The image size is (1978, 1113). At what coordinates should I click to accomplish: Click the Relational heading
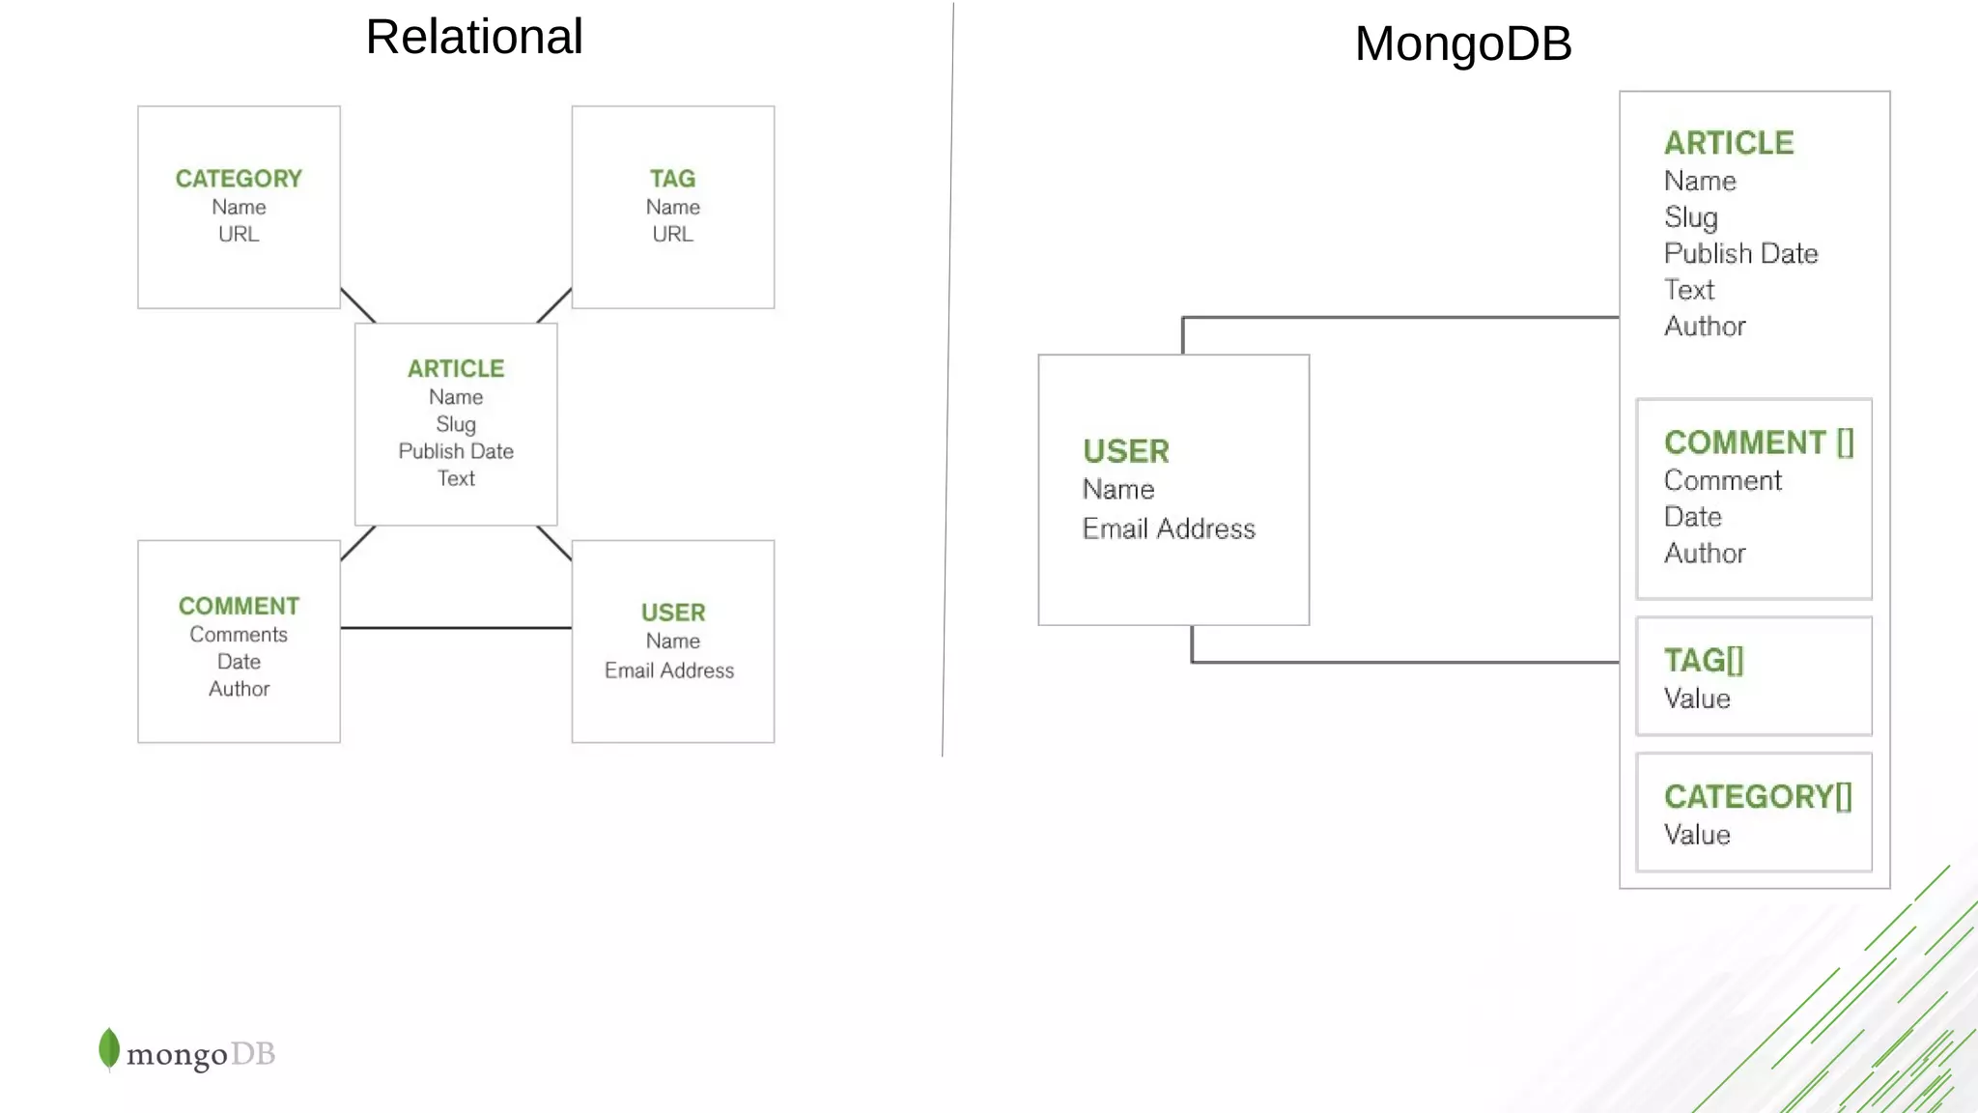473,38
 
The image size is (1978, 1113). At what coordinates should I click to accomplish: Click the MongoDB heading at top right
1462,44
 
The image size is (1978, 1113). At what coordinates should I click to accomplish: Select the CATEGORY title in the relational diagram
239,179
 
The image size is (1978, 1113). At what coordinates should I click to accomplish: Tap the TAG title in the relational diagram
672,179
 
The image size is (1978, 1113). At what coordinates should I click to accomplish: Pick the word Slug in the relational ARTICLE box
456,424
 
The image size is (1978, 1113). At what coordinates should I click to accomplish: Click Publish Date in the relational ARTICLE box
456,451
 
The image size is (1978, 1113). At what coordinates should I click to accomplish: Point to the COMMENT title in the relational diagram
239,606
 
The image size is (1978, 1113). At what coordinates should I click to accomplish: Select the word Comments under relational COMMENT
239,635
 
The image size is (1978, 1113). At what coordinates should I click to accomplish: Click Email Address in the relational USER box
669,671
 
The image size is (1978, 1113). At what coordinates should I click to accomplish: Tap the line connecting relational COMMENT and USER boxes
456,628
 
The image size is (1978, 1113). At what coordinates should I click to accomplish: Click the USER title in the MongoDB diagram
1126,451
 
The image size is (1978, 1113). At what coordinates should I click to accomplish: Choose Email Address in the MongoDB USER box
1169,528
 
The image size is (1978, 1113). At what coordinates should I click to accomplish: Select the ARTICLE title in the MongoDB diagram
1729,143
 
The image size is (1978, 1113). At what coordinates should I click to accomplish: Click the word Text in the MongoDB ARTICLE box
1689,290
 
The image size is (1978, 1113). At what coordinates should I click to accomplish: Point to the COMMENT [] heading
1759,442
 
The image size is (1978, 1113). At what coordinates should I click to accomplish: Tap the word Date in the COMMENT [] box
1693,517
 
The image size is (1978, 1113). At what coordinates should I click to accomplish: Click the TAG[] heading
1704,661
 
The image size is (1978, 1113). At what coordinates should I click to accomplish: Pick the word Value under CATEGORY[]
1697,835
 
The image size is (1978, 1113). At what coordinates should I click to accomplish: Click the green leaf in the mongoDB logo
109,1048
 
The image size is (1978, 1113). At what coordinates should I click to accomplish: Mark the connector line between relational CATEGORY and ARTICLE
357,305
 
